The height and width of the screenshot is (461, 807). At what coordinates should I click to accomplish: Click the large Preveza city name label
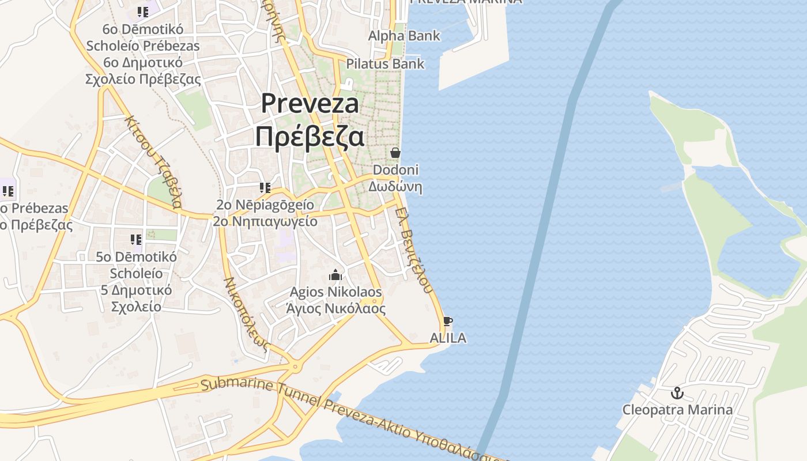pos(310,120)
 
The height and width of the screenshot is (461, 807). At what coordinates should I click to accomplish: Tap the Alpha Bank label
pos(404,36)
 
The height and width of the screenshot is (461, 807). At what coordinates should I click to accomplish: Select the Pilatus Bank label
pos(385,63)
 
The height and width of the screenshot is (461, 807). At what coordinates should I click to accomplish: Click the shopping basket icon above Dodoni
pos(395,153)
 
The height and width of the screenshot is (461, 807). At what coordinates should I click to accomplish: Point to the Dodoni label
pos(395,178)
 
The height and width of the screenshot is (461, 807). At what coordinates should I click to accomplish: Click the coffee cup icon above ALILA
pos(448,321)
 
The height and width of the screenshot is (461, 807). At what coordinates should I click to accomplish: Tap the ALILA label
pos(448,338)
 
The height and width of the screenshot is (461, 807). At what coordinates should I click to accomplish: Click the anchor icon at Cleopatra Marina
pos(677,394)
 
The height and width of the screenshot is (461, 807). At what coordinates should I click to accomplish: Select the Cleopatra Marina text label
pos(677,410)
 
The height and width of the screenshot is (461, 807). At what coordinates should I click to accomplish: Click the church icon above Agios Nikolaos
pos(335,275)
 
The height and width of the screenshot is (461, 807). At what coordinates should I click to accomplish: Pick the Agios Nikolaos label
pos(336,300)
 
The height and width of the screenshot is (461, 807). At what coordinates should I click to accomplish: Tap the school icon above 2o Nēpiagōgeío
pos(265,187)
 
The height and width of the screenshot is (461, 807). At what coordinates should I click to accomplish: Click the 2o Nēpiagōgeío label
pos(265,213)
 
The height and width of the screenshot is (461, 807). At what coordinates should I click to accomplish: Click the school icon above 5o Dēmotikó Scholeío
pos(136,239)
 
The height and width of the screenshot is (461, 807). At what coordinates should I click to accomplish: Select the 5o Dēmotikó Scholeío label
pos(136,281)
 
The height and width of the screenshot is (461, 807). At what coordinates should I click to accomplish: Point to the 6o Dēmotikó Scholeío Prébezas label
pos(143,54)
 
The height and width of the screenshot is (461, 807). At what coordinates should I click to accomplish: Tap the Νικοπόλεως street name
pos(247,315)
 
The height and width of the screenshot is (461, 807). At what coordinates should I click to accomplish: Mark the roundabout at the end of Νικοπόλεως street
pos(296,365)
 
